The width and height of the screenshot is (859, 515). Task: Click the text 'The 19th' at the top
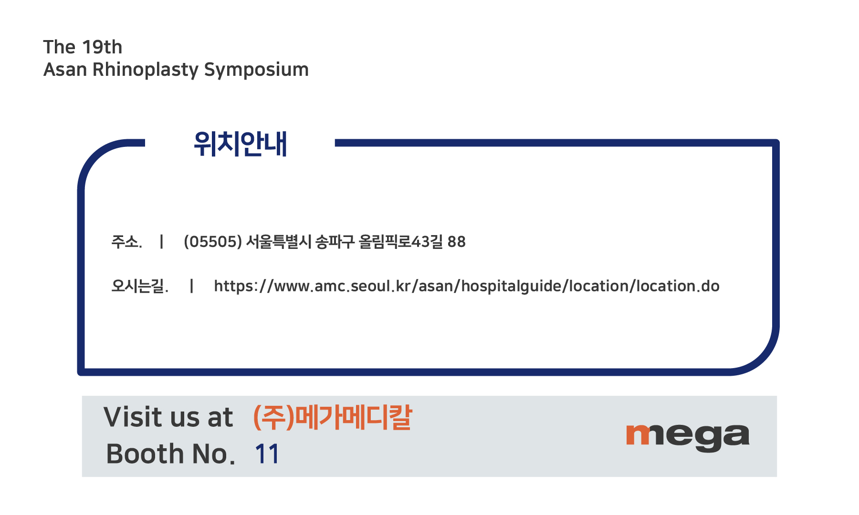click(x=83, y=47)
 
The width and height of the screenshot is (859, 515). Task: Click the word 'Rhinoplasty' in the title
click(x=146, y=70)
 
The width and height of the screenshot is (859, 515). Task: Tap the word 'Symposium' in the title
click(x=256, y=70)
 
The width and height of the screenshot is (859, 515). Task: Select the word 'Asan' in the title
click(x=65, y=70)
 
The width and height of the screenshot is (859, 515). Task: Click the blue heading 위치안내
click(x=240, y=144)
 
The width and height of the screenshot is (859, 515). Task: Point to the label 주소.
click(x=126, y=242)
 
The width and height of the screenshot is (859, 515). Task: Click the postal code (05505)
click(x=213, y=242)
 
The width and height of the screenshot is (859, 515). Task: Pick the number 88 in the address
click(x=457, y=242)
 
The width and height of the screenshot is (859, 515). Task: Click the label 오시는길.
click(x=140, y=286)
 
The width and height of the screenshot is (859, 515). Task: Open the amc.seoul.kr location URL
click(x=467, y=286)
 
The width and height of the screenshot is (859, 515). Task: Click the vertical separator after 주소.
click(x=162, y=242)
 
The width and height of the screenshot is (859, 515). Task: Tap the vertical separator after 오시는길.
click(x=191, y=286)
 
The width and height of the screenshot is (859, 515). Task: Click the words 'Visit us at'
click(x=168, y=417)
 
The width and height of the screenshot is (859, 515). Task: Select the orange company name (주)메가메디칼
click(x=333, y=417)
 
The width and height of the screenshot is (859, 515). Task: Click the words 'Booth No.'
click(x=171, y=453)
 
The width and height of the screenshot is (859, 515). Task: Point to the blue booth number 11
click(x=267, y=453)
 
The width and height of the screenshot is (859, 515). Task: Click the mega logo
click(x=688, y=437)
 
